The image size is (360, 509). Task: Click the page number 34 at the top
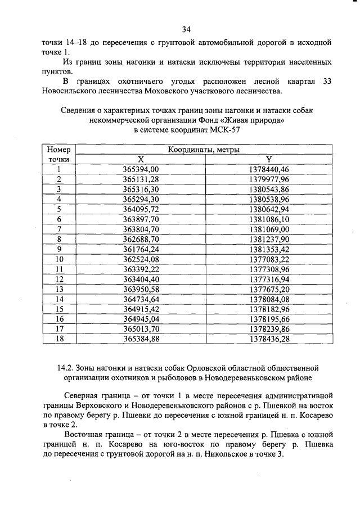click(x=187, y=29)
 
